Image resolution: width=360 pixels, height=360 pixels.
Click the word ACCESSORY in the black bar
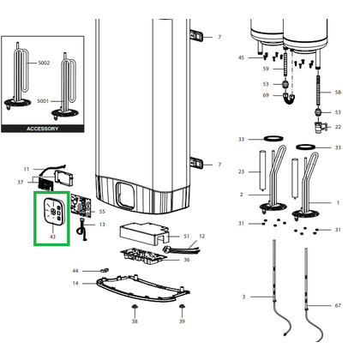coord(43,129)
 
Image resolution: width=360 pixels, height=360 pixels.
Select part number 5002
coord(44,63)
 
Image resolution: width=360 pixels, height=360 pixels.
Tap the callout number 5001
coord(43,101)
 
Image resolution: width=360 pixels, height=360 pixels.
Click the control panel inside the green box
coord(53,211)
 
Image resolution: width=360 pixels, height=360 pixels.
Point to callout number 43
coord(52,237)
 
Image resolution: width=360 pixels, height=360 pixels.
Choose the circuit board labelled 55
coord(81,206)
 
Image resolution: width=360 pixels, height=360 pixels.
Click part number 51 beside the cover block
coord(187,237)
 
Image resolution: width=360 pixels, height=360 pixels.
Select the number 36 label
coord(187,260)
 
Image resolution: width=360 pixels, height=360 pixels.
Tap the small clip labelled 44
coord(105,270)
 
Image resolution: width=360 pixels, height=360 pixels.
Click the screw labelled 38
coord(135,307)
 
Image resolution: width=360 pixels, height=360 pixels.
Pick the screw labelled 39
coord(182,307)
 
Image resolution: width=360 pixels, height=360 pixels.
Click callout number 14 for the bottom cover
coord(75,283)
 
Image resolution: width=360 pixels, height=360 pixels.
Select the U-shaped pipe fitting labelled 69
coord(289,98)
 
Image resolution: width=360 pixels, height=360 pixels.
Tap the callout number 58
coord(338,93)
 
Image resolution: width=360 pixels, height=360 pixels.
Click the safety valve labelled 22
coord(320,128)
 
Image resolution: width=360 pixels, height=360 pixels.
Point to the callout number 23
coord(242,171)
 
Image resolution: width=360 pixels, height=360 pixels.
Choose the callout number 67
coord(338,306)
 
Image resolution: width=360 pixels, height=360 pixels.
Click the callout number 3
coord(243,297)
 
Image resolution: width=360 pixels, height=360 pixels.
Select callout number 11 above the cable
coord(27,169)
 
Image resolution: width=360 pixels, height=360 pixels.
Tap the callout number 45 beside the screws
coord(242,57)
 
